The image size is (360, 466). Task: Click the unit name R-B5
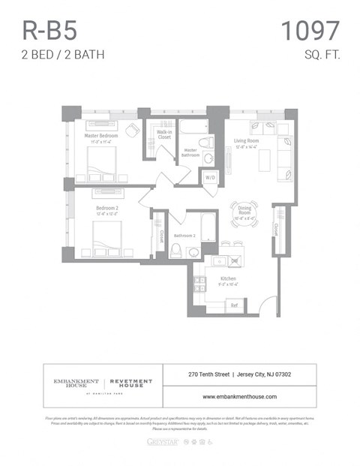click(49, 31)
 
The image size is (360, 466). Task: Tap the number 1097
click(310, 31)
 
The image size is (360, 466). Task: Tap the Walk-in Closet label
click(164, 135)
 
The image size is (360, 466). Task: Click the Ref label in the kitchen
click(234, 305)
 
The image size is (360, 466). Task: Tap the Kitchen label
click(228, 280)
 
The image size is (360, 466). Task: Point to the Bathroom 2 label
click(184, 236)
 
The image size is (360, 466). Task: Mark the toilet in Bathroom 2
click(176, 249)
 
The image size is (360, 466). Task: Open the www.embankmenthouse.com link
click(240, 396)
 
